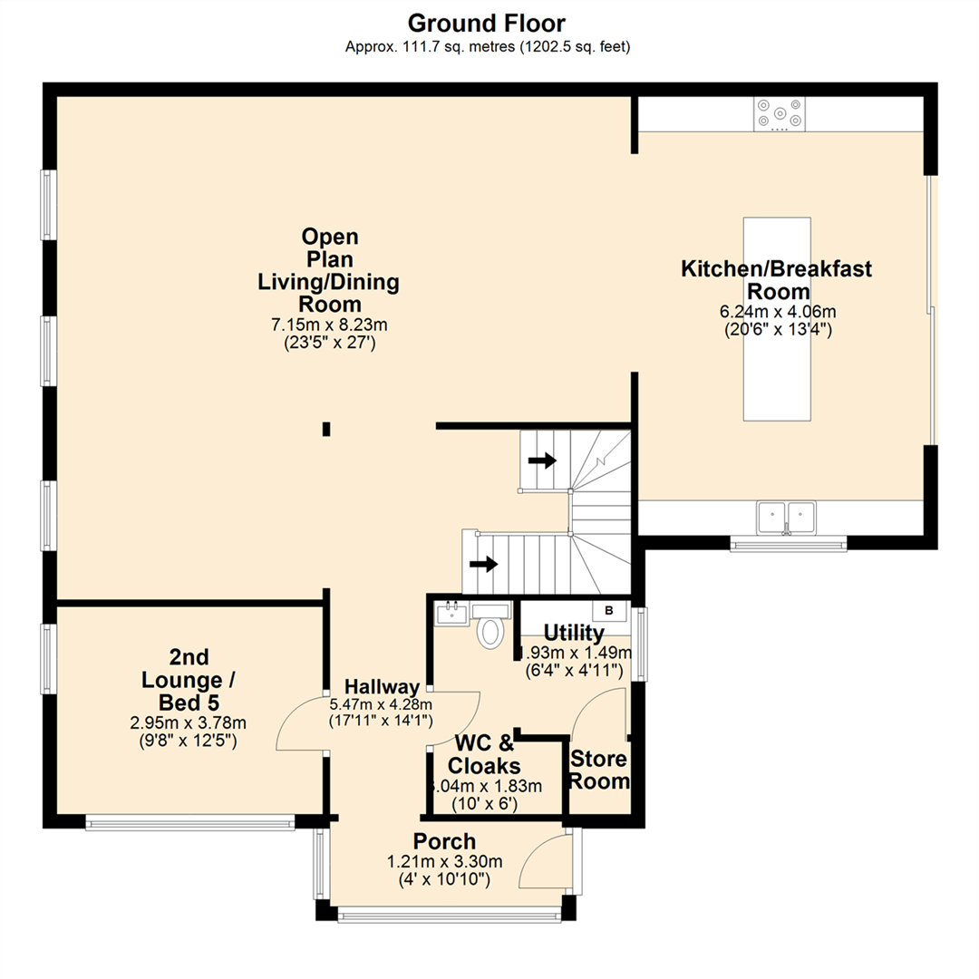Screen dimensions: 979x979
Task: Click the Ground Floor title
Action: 488,23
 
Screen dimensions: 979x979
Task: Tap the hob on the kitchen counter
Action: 778,112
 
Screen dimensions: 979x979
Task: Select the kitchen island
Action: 777,318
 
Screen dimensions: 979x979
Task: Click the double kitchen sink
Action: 786,516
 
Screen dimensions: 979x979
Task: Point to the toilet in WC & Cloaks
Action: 490,630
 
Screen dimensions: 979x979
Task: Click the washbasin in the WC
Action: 451,614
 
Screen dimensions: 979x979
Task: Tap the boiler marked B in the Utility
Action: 609,610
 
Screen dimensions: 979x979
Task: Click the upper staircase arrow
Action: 542,460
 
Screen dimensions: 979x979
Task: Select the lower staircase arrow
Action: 484,564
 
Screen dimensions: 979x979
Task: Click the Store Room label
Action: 599,770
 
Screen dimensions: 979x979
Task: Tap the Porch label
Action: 444,840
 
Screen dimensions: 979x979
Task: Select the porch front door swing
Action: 546,862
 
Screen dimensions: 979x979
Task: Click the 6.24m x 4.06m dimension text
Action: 777,311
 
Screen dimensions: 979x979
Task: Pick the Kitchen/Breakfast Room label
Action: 777,279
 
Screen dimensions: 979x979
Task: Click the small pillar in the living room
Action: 326,429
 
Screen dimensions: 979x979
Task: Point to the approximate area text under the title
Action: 488,47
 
